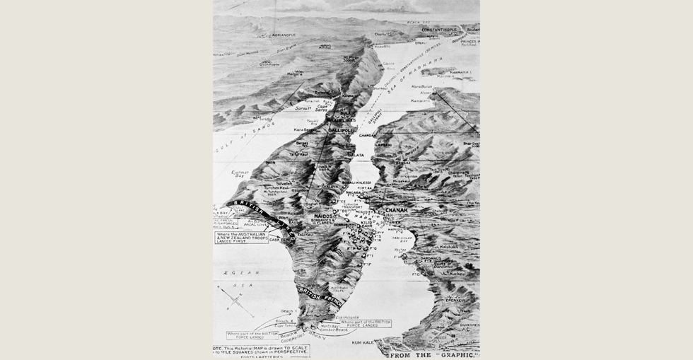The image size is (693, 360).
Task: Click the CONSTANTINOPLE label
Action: (440, 30)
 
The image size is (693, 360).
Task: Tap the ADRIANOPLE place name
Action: (254, 33)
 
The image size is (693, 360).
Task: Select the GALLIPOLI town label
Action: (340, 130)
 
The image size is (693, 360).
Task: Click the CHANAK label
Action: (397, 209)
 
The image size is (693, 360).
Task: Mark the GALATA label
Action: (356, 155)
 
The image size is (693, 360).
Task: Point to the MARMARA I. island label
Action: (460, 71)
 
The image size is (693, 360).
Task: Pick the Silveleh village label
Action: (284, 183)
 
